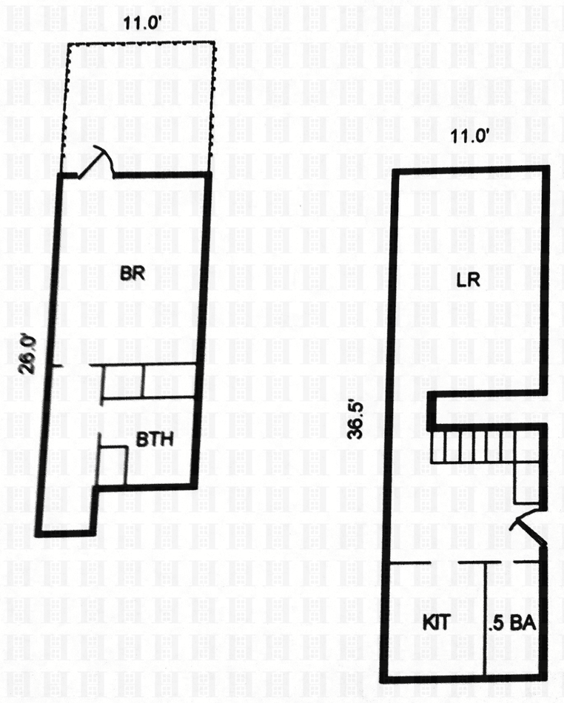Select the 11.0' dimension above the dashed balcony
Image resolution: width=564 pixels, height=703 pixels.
141,21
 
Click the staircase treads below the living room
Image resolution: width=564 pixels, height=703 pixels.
472,446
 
